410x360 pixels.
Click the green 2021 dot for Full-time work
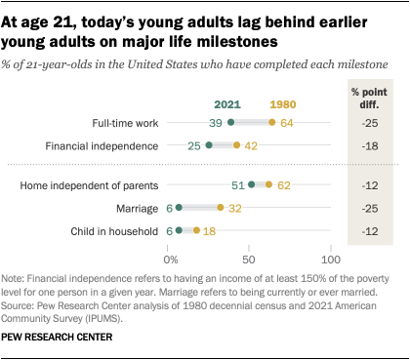(231, 123)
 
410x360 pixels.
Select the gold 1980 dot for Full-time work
(271, 123)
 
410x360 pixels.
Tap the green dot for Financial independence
(209, 144)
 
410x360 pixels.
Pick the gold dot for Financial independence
(236, 144)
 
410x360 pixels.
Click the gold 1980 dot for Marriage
(221, 207)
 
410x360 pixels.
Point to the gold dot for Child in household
(197, 230)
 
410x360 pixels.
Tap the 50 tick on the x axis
(250, 260)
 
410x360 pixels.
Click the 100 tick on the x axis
(330, 260)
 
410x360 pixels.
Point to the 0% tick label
(170, 260)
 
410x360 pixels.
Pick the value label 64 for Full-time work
(288, 123)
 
